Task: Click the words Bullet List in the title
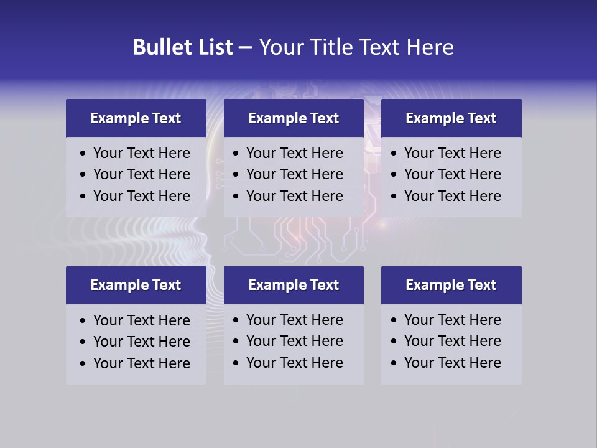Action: click(x=183, y=47)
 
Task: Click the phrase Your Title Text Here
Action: click(x=356, y=47)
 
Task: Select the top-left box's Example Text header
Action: click(x=136, y=118)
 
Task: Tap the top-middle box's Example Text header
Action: click(x=294, y=118)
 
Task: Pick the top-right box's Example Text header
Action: click(x=451, y=118)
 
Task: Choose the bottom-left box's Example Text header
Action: click(x=136, y=285)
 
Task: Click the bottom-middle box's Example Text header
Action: click(x=294, y=285)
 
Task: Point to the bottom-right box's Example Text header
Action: click(x=451, y=285)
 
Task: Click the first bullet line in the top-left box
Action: click(x=142, y=153)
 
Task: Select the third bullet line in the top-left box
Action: click(x=142, y=196)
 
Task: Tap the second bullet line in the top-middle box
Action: click(x=295, y=174)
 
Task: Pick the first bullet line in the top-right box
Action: click(x=453, y=153)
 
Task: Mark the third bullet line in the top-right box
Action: click(x=453, y=196)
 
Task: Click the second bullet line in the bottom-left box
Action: click(x=142, y=342)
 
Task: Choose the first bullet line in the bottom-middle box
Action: click(x=295, y=320)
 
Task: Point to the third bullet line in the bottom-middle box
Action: click(x=295, y=363)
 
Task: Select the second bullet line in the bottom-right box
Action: click(x=453, y=341)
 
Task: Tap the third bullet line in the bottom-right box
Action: click(x=453, y=363)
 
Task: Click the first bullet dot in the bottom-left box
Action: click(x=83, y=321)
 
